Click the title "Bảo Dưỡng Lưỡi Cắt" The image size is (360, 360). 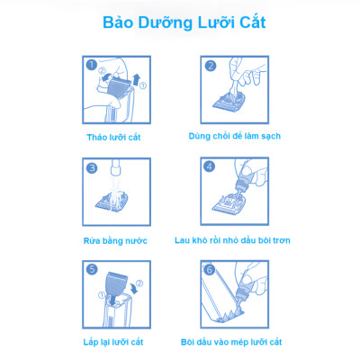[x=184, y=22]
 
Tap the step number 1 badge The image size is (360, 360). [x=91, y=65]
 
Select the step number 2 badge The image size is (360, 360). [x=211, y=66]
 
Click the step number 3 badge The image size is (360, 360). [x=92, y=168]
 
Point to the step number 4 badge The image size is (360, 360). [x=209, y=166]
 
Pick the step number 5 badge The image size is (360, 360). [x=92, y=269]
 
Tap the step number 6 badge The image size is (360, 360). [x=210, y=270]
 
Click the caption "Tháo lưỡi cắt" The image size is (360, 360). [x=113, y=138]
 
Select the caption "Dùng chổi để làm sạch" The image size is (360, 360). [x=235, y=136]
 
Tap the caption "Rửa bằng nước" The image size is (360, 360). [x=115, y=240]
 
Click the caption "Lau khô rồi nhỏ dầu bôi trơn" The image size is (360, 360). [x=232, y=240]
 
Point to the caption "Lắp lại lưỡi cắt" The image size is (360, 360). [x=113, y=342]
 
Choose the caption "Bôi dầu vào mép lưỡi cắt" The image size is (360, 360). [x=231, y=342]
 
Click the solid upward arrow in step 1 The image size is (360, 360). [x=136, y=80]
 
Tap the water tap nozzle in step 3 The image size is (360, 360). [x=115, y=167]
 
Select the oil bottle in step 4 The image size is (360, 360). [x=243, y=181]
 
